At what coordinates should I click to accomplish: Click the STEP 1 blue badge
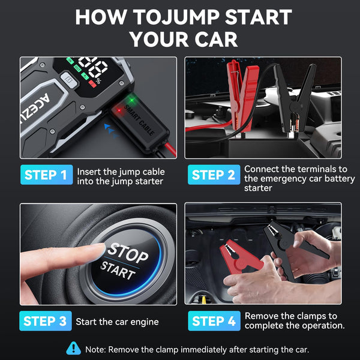click(x=46, y=175)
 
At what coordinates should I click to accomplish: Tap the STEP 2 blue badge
click(x=212, y=175)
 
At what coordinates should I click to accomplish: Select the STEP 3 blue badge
click(x=46, y=321)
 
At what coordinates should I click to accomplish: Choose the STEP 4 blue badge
click(x=212, y=321)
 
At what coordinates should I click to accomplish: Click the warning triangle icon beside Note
click(x=74, y=348)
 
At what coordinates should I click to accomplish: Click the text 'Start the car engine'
click(x=117, y=322)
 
